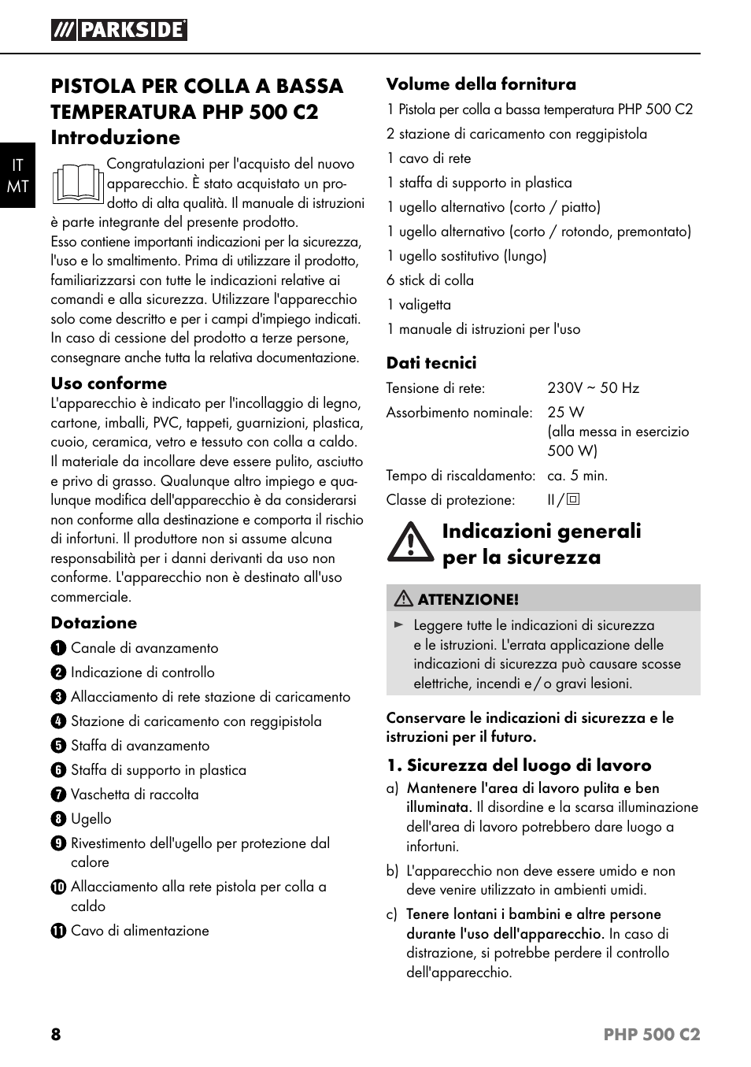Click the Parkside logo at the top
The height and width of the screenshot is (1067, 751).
coord(120,30)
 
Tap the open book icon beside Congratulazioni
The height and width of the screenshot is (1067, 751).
coord(78,183)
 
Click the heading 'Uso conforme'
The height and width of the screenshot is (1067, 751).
coord(109,383)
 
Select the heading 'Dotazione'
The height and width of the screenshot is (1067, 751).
coord(94,623)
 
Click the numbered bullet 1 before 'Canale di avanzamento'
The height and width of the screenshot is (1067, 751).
coord(57,648)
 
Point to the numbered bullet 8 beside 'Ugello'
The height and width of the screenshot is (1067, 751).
coord(57,819)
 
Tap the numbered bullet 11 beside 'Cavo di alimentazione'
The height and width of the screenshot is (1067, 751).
coord(57,931)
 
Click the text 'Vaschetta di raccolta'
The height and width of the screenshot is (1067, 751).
coord(135,795)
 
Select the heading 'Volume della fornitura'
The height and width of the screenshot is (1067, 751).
coord(481,84)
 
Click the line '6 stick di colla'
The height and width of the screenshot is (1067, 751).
coord(430,280)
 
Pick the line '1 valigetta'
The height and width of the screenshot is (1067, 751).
coord(419,305)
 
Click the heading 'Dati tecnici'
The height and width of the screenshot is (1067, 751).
coord(431,363)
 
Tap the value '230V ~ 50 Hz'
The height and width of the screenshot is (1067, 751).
coord(594,387)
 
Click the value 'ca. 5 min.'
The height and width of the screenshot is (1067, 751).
coord(578,476)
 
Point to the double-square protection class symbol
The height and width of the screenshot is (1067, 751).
coord(573,499)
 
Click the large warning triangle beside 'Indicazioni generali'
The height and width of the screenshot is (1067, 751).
coord(410,543)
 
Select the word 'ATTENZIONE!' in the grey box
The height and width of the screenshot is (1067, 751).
coord(468,599)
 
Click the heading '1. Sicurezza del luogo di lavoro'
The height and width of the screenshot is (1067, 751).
coord(519,765)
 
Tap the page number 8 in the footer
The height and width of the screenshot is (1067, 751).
coord(56,1034)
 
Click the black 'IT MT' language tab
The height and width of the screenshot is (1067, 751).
coord(17,175)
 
